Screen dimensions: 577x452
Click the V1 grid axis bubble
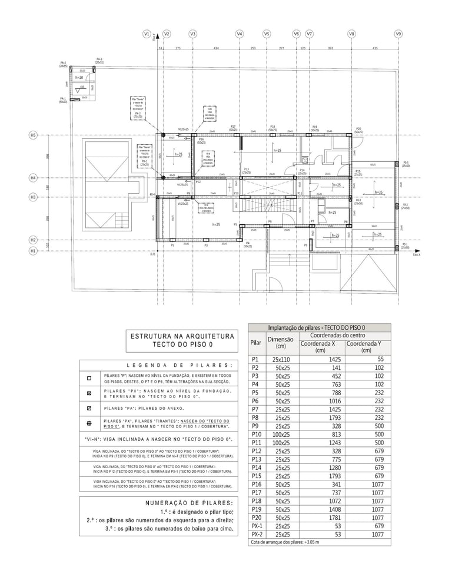147,34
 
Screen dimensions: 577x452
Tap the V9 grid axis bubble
398,34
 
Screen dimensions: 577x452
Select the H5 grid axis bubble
34,135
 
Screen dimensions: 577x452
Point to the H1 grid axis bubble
34,251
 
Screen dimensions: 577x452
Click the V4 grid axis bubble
239,34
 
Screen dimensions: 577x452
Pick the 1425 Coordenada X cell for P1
321,359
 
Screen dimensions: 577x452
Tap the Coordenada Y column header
367,347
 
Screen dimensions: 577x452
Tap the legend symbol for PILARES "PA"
89,408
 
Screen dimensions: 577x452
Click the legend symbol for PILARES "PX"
89,423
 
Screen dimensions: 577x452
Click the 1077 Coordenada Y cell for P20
367,518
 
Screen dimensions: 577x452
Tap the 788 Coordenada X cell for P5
321,392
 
